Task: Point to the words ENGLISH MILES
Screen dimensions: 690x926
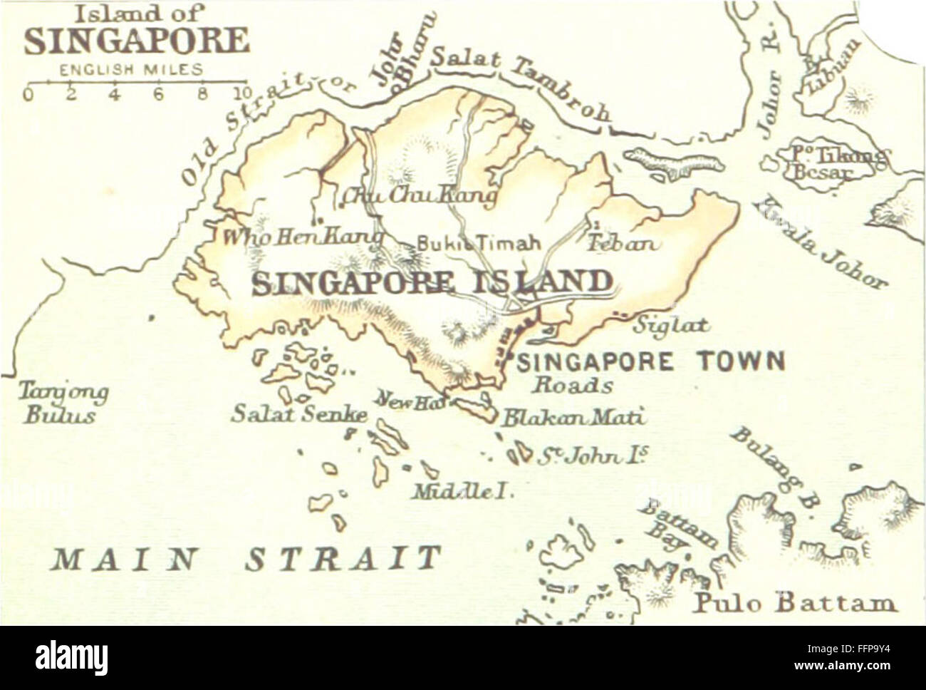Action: [131, 70]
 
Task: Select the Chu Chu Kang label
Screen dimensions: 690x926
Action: [419, 194]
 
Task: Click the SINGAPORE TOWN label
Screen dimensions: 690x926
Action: [651, 361]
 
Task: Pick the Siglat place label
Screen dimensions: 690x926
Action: [671, 326]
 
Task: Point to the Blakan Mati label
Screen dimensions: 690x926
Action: [573, 417]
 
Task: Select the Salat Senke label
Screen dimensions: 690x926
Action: [299, 414]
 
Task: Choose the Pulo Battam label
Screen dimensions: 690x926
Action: [795, 603]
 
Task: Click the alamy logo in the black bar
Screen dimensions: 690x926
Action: [72, 657]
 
